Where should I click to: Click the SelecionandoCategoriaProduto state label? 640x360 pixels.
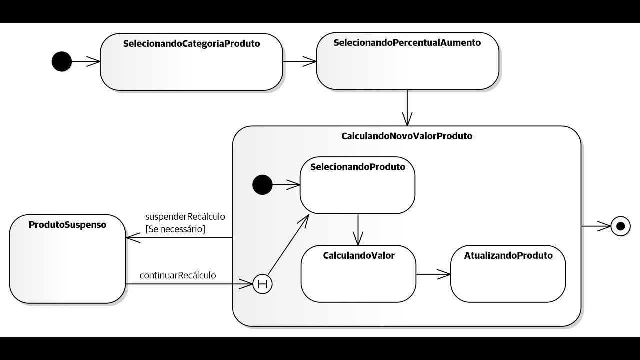(191, 44)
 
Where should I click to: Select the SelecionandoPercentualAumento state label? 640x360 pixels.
(407, 43)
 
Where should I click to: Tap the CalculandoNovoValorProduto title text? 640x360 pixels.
(406, 136)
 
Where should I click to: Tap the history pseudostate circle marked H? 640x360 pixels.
(262, 284)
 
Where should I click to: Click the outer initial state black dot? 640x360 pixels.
(62, 61)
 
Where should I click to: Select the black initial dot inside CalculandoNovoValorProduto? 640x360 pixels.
(262, 185)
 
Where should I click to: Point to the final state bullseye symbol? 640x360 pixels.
(621, 226)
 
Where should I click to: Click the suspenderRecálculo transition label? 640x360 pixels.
(185, 217)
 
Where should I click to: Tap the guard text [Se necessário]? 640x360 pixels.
(175, 229)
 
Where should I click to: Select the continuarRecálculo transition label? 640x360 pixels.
(178, 275)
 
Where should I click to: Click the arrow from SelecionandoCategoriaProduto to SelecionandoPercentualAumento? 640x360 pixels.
(300, 61)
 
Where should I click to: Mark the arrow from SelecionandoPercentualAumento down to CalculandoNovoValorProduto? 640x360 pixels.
(407, 107)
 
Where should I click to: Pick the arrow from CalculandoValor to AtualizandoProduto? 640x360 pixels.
(433, 274)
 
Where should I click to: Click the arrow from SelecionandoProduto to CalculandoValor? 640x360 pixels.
(358, 229)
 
